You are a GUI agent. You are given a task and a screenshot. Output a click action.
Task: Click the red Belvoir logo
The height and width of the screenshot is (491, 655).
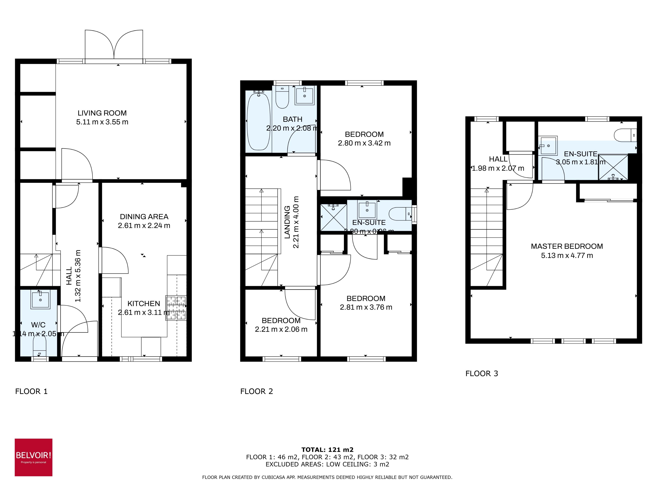coord(34,457)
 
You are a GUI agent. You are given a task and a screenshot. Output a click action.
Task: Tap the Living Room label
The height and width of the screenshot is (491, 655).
coord(102,113)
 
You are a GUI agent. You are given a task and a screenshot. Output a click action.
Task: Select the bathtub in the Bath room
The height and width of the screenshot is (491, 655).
coord(258,121)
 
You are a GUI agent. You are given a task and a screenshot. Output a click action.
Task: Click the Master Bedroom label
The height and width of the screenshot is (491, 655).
coord(567,246)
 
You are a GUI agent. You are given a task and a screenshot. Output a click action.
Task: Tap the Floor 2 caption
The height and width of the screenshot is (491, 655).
coord(256,391)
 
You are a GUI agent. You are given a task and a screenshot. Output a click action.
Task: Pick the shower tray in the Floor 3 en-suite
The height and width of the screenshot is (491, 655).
coord(613,167)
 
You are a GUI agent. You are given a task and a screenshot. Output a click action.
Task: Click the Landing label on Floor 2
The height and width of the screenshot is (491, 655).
coord(287,222)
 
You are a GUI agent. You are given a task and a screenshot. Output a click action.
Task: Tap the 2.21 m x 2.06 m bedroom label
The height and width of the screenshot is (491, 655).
coord(281,329)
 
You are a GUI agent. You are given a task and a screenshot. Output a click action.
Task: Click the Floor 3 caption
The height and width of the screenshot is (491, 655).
coord(482,374)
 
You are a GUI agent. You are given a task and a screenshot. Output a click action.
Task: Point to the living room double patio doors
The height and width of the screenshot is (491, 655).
coord(114,46)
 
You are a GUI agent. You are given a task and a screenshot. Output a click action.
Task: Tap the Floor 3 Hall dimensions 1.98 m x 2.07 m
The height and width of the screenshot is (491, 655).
coord(498,168)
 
